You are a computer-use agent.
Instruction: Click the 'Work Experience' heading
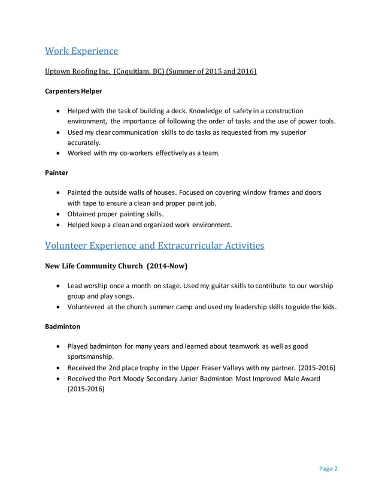(x=81, y=50)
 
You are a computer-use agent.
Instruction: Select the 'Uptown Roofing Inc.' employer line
(x=151, y=72)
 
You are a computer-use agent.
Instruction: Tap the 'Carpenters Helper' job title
(x=74, y=91)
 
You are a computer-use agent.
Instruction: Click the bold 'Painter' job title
(x=56, y=173)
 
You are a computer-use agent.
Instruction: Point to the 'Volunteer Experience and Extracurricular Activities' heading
(x=154, y=245)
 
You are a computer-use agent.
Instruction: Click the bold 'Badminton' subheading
(x=62, y=327)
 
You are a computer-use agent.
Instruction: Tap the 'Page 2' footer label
(x=328, y=469)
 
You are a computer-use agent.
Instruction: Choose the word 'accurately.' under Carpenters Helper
(x=84, y=143)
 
